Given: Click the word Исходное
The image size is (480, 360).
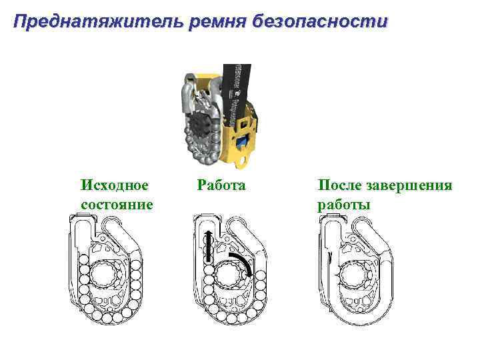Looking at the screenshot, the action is (114, 185).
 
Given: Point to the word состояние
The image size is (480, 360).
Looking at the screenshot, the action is (116, 203).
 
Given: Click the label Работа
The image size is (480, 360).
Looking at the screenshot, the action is (221, 185).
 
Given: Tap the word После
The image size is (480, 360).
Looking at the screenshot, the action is (340, 185).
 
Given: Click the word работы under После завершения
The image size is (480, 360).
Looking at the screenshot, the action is (344, 203).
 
